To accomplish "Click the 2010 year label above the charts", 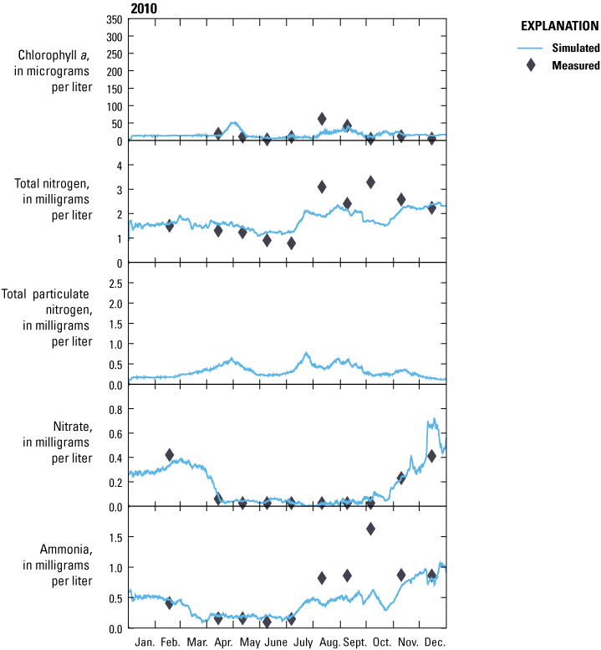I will point(145,8).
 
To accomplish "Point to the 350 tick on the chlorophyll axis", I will point(114,19).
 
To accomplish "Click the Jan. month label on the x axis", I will point(145,642).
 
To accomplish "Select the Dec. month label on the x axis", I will point(434,642).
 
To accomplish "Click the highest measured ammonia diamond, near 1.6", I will point(370,529).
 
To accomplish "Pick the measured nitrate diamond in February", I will point(170,455).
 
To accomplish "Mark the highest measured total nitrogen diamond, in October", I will point(370,182).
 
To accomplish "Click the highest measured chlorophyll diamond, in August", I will point(322,119).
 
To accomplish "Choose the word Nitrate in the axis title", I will point(74,427).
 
